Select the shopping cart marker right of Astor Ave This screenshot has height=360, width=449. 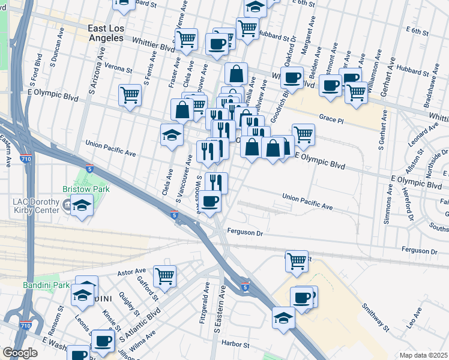(164, 276)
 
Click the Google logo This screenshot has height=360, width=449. (20, 353)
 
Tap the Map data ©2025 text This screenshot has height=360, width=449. (424, 355)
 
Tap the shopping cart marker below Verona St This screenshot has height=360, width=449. (130, 95)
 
